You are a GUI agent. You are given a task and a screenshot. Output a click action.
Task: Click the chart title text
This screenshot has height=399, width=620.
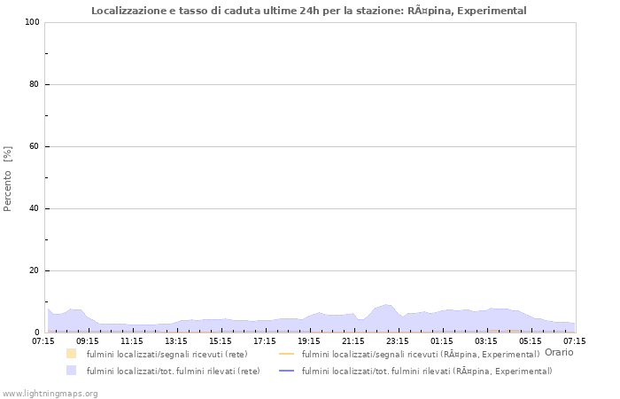[x=321, y=11]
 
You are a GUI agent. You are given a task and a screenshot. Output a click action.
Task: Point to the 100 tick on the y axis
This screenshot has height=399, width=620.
[x=31, y=22]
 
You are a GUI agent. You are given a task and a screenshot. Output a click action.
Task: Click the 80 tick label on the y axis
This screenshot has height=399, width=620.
[x=34, y=84]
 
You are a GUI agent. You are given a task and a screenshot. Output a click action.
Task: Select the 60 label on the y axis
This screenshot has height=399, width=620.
[x=34, y=146]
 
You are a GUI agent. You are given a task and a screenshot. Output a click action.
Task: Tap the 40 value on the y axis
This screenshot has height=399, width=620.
[x=34, y=208]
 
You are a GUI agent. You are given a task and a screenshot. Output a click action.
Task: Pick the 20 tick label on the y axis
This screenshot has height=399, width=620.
[x=34, y=270]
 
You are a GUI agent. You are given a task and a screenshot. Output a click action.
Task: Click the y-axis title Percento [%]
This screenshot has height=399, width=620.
[x=9, y=178]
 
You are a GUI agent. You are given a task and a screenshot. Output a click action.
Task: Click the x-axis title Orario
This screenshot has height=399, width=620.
[x=559, y=352]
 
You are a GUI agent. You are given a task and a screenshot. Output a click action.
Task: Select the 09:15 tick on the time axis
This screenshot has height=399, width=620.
[x=88, y=340]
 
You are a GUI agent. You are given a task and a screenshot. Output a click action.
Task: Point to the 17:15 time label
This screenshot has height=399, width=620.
[x=265, y=340]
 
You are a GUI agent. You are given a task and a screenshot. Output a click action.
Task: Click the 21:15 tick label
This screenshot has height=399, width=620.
[x=353, y=340]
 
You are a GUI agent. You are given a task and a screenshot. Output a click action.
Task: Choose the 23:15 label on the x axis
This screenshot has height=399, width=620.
[x=398, y=340]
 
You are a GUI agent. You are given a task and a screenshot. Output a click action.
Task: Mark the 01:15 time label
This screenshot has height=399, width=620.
[x=442, y=340]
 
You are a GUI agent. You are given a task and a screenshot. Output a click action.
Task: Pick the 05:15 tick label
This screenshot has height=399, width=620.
[x=531, y=340]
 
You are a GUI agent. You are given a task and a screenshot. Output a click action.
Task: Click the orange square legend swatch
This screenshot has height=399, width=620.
[x=72, y=353]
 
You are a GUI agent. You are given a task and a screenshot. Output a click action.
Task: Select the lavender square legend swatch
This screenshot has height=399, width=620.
[x=72, y=371]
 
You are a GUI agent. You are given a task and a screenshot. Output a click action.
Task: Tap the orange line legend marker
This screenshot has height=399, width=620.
[x=287, y=354]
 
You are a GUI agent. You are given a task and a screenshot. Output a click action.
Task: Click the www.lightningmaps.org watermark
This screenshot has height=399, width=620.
[x=50, y=393]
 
